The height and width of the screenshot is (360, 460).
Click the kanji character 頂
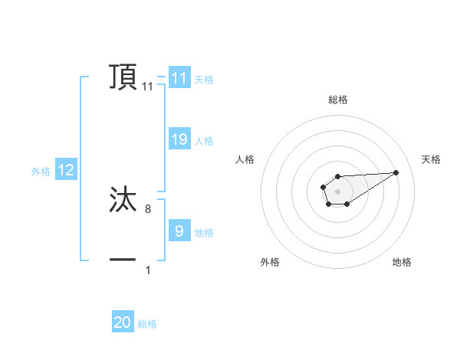point(123,77)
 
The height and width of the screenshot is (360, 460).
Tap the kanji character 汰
point(123,200)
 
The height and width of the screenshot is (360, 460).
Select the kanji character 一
point(123,260)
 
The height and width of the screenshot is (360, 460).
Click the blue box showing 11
point(179,78)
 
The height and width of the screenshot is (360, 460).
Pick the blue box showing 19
point(179,139)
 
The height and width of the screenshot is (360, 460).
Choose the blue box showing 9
point(179,231)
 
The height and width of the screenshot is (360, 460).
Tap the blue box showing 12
point(65,170)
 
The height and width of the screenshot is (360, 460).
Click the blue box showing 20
point(123,322)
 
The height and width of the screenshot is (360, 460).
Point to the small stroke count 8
point(147,208)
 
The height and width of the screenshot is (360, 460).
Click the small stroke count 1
point(148,270)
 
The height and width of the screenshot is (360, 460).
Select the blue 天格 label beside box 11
point(204,79)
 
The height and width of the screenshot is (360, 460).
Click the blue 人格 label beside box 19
point(204,140)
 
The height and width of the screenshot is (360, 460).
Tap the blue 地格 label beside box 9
point(204,232)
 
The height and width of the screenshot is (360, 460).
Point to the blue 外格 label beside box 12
point(41,172)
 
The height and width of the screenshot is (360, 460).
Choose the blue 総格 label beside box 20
point(147,324)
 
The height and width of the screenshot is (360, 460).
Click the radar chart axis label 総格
point(337,100)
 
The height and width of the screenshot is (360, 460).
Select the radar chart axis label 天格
point(431,159)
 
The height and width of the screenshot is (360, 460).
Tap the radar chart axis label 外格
point(270,262)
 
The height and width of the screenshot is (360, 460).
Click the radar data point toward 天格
point(396,172)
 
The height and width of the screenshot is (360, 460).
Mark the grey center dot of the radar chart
point(337,191)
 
